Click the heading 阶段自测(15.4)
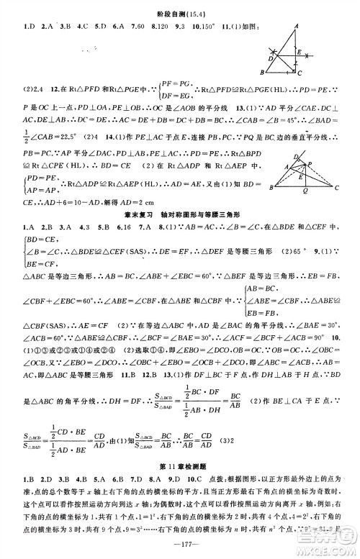179,6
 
